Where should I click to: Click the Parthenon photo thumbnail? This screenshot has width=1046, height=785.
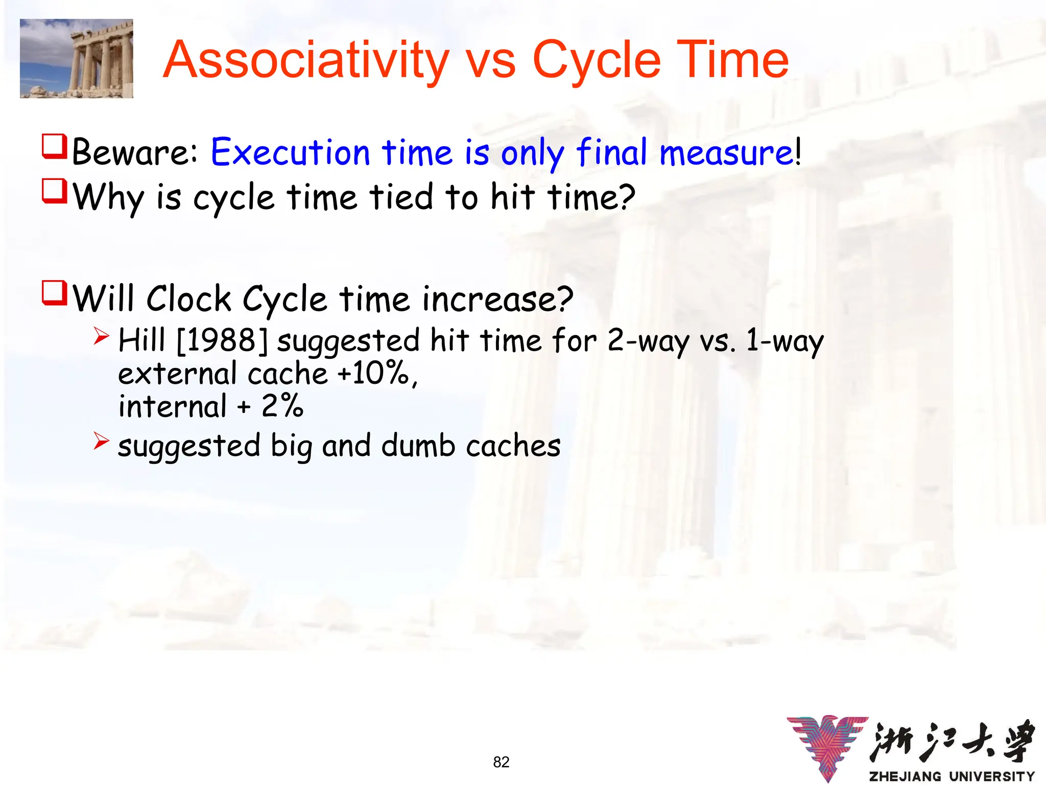click(x=77, y=58)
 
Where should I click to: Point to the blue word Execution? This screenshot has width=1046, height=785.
click(x=290, y=152)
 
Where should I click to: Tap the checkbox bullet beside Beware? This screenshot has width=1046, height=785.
click(x=54, y=147)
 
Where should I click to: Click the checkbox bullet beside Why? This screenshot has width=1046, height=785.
click(x=54, y=191)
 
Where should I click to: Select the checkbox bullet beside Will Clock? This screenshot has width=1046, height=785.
click(x=54, y=293)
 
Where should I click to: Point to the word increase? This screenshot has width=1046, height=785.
click(x=490, y=299)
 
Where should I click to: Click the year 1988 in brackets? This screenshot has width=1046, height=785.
click(x=222, y=340)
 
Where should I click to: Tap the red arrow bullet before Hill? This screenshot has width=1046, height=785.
click(x=101, y=336)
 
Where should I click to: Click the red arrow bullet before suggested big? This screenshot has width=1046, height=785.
click(x=101, y=441)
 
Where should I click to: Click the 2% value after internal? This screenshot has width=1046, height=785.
click(x=282, y=406)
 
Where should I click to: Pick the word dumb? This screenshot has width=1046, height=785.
click(x=418, y=446)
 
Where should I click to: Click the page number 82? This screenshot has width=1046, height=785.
click(x=501, y=762)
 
